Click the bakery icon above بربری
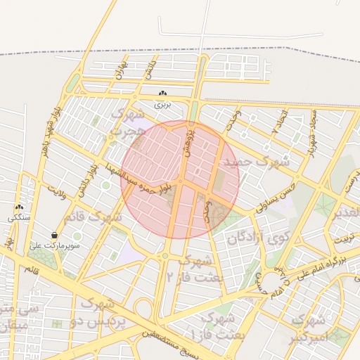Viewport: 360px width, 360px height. pyautogui.click(x=163, y=94)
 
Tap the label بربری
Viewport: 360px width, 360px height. pyautogui.click(x=163, y=104)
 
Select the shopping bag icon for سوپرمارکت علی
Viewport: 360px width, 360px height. pyautogui.click(x=55, y=235)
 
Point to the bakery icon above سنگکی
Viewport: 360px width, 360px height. pyautogui.click(x=19, y=207)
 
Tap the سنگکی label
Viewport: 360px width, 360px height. pyautogui.click(x=19, y=218)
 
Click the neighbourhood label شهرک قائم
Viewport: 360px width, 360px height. pyautogui.click(x=92, y=217)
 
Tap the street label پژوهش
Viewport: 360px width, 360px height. pyautogui.click(x=188, y=141)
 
